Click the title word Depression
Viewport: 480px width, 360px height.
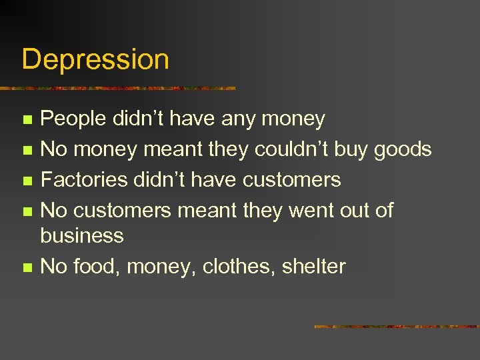click(95, 60)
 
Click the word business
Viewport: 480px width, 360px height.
click(82, 235)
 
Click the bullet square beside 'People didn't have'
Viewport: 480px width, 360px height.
click(27, 121)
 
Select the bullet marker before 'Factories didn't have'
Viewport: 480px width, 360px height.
click(27, 181)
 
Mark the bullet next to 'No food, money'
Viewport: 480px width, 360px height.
click(27, 267)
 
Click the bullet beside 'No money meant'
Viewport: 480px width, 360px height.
click(27, 151)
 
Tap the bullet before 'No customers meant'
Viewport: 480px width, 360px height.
click(27, 211)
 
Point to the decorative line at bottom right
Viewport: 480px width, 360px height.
click(396, 327)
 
